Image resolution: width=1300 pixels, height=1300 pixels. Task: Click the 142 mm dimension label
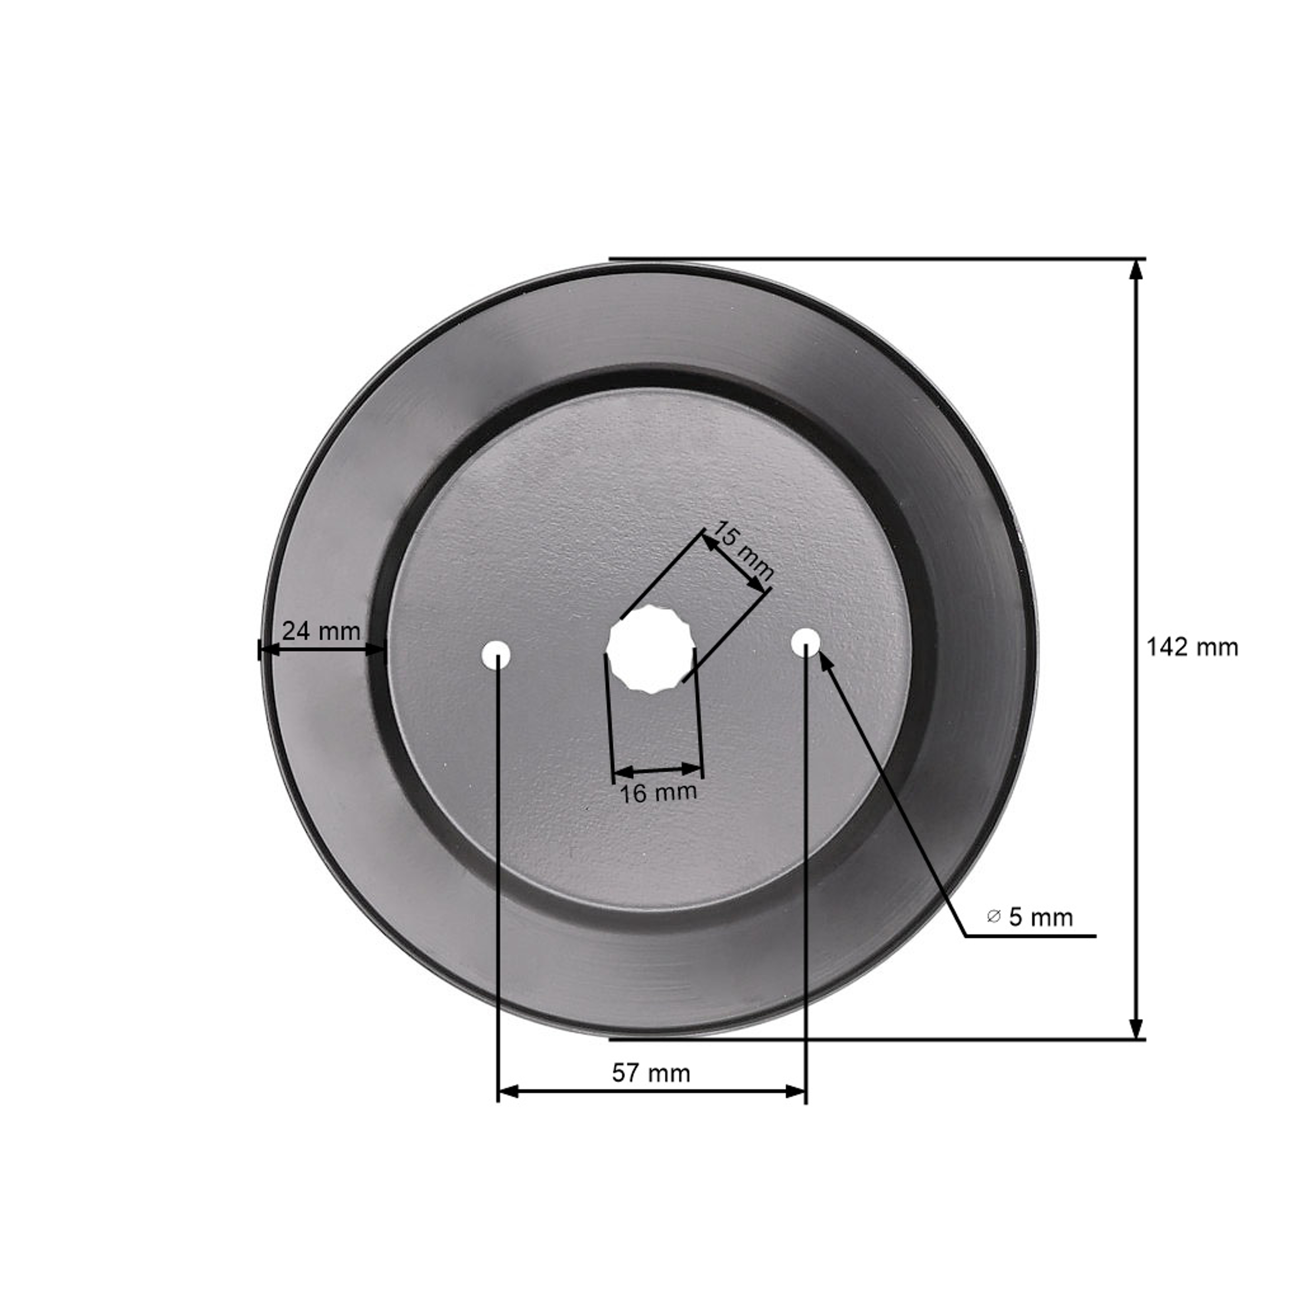tap(1192, 648)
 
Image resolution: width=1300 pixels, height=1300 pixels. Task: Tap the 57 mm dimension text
tap(651, 1072)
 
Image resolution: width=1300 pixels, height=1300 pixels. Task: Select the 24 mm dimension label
tap(321, 631)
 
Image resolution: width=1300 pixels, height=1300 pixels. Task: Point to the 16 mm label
tap(657, 793)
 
